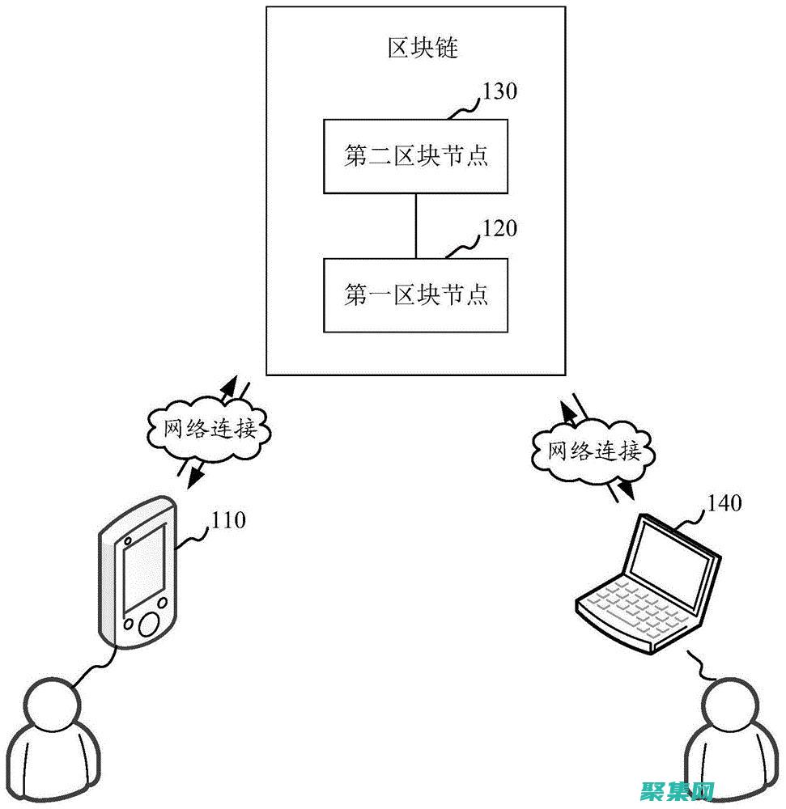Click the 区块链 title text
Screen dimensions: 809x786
click(422, 48)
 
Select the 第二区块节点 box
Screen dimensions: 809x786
click(416, 156)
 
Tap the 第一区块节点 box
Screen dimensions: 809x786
click(416, 295)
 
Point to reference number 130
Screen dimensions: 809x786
click(499, 91)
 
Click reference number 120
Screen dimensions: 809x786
click(499, 229)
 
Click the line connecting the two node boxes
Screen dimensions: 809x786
click(416, 226)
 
